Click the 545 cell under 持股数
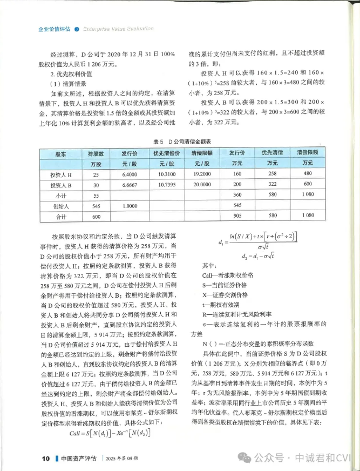click(x=96, y=205)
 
